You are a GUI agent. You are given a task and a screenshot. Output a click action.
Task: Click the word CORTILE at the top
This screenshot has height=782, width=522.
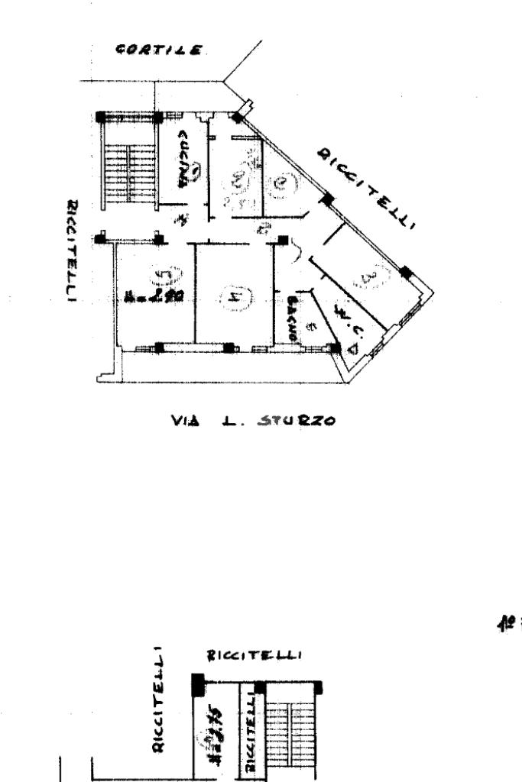[x=160, y=50]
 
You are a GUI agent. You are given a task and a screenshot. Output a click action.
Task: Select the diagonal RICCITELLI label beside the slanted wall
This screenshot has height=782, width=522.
[x=366, y=186]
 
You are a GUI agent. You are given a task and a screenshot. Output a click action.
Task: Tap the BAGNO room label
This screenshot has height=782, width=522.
[x=293, y=318]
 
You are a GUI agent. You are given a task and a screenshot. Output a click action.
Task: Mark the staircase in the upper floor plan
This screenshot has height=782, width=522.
[x=128, y=161]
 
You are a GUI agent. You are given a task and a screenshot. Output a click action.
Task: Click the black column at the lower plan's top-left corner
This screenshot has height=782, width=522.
[x=197, y=684]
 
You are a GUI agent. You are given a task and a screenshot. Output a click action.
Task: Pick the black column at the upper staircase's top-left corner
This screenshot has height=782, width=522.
[x=102, y=118]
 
